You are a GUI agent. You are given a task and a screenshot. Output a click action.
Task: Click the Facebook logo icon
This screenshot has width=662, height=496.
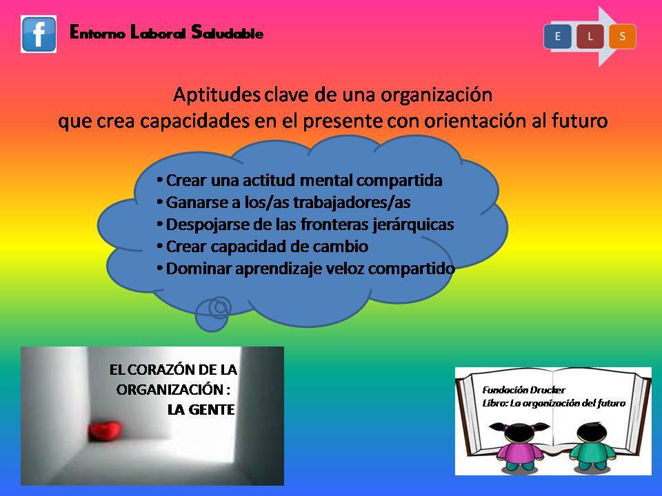click(39, 34)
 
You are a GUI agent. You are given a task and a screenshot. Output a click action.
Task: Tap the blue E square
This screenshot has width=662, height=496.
click(557, 37)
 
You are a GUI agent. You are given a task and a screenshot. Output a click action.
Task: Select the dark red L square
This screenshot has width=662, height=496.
click(590, 37)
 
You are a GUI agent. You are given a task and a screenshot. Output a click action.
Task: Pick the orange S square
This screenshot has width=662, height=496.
click(622, 37)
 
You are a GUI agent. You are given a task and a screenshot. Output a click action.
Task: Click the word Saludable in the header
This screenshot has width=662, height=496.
click(227, 32)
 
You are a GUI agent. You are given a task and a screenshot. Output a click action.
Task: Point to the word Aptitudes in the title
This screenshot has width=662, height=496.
click(216, 95)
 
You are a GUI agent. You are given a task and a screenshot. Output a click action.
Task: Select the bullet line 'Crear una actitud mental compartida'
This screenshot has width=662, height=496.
click(299, 180)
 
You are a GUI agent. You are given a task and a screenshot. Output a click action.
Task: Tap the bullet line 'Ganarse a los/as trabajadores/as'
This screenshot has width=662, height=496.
click(283, 203)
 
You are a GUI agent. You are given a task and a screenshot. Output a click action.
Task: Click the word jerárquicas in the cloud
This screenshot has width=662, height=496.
click(413, 225)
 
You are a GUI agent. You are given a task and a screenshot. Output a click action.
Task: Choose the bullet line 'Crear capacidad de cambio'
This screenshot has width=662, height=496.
click(262, 247)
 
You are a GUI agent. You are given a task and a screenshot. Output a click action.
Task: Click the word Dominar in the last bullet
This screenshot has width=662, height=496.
click(199, 268)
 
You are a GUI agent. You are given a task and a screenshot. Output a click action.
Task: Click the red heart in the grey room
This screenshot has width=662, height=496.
click(105, 431)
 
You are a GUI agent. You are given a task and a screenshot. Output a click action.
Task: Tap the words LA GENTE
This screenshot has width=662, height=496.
click(201, 409)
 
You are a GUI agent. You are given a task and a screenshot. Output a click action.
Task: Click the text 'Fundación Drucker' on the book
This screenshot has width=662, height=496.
click(523, 390)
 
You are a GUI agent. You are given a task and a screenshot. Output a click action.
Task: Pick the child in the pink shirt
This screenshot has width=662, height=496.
click(520, 446)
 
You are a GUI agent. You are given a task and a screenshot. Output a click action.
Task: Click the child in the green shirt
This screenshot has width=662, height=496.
click(593, 446)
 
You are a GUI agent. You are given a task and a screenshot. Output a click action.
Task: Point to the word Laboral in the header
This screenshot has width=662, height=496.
click(158, 32)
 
